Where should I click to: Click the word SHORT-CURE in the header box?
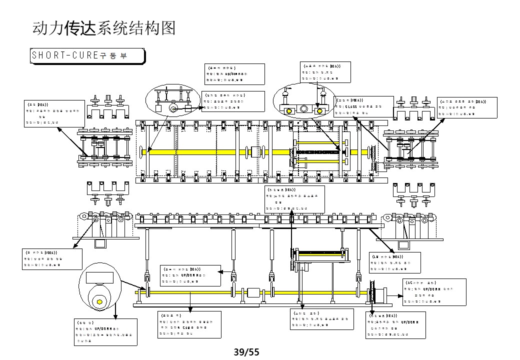pos(64,55)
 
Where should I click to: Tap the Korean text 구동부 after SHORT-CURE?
pos(114,55)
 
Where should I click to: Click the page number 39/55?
pos(247,352)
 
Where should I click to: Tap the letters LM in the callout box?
pos(375,256)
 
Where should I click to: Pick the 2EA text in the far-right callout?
pos(481,101)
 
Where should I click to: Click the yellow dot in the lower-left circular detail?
pos(99,301)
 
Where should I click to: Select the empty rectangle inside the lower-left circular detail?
pos(99,278)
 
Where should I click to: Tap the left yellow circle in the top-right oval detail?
pos(288,109)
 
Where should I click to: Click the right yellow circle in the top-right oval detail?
pos(320,109)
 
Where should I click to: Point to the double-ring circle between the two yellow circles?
pos(304,109)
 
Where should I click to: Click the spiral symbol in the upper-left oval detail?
pos(173,107)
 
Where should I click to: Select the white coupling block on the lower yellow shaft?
pos(253,293)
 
